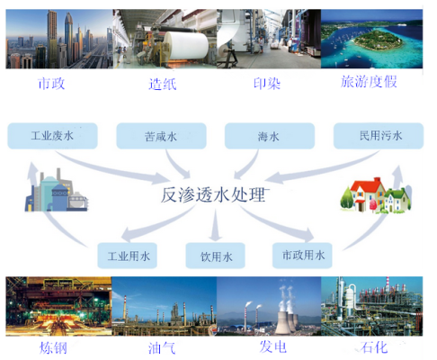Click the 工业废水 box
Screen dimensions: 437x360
[52, 136]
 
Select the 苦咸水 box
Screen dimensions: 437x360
[161, 136]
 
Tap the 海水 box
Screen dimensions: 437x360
[270, 136]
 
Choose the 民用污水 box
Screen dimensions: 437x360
[379, 136]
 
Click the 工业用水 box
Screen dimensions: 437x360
[128, 256]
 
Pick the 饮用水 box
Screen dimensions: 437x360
[216, 256]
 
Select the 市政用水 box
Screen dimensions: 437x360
[302, 256]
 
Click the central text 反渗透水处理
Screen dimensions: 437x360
[213, 195]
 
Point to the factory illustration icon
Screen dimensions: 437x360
[57, 191]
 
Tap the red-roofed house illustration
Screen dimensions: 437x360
[376, 195]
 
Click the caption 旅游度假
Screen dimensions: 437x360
[369, 82]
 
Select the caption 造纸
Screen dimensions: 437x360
[163, 84]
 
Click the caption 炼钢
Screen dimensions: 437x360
[53, 348]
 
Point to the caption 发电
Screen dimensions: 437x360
[273, 346]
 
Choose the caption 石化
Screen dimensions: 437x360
[374, 347]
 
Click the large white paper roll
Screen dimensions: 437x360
[186, 45]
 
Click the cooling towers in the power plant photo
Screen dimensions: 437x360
[286, 321]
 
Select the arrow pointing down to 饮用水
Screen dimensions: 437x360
[215, 225]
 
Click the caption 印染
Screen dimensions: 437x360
[267, 84]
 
